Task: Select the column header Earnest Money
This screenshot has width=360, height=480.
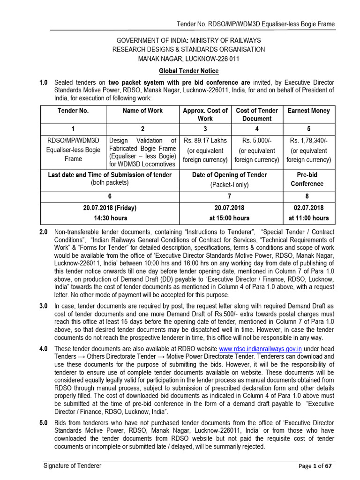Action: click(x=308, y=111)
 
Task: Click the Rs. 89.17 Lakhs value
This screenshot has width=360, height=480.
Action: click(x=205, y=141)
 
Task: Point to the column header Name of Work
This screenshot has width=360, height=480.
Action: click(x=142, y=111)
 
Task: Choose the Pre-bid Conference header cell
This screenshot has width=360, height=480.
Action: click(x=308, y=179)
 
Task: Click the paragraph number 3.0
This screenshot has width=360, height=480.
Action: click(x=43, y=306)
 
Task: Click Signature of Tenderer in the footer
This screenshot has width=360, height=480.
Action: click(x=72, y=465)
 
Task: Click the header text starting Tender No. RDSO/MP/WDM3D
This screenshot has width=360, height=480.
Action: click(x=255, y=24)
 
